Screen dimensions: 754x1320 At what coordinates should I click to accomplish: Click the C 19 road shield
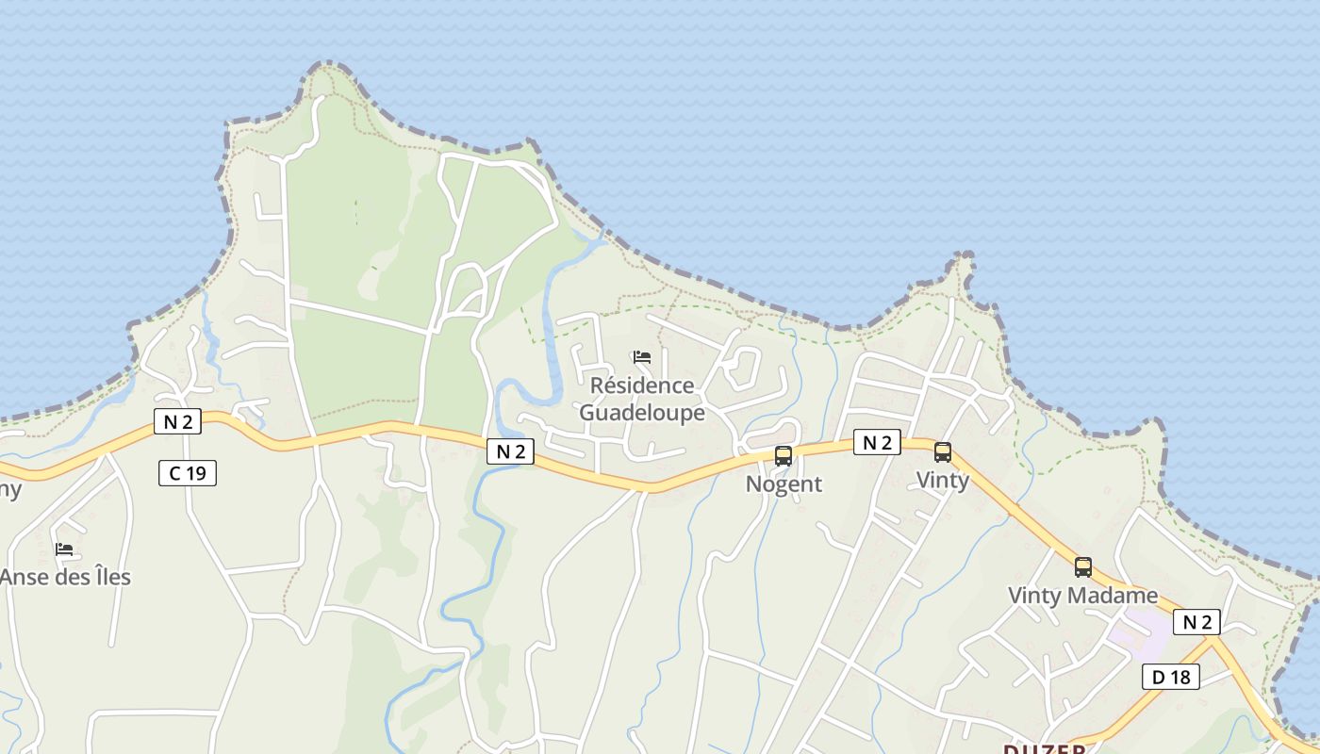click(x=188, y=473)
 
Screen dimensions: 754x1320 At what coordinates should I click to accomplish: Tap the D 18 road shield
click(x=1171, y=676)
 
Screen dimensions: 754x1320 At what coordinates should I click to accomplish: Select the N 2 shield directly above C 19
click(x=177, y=421)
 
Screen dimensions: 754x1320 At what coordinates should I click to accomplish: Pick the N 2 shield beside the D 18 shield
click(x=1196, y=622)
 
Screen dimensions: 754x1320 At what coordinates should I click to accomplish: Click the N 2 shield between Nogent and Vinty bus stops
click(x=877, y=442)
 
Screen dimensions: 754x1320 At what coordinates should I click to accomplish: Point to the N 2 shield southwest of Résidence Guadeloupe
click(x=510, y=451)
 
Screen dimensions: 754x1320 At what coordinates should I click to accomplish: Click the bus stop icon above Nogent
click(x=784, y=456)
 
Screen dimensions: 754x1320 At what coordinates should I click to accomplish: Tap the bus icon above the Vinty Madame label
click(x=1083, y=567)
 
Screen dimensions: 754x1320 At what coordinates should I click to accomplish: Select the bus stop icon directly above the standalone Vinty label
click(x=943, y=452)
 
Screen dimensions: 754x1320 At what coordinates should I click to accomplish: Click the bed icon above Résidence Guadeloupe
click(x=642, y=357)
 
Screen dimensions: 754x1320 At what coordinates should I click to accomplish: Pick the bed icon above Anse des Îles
click(x=64, y=549)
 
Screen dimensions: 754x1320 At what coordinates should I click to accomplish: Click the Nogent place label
click(x=784, y=484)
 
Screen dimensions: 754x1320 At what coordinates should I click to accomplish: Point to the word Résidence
click(x=642, y=385)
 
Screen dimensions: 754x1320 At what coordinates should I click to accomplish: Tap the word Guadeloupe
click(x=642, y=413)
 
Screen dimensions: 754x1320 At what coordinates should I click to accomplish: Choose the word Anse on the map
click(x=24, y=577)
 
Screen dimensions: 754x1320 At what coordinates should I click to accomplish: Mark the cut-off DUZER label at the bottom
click(x=1044, y=748)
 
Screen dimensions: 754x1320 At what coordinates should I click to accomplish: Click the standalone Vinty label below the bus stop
click(x=943, y=481)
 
